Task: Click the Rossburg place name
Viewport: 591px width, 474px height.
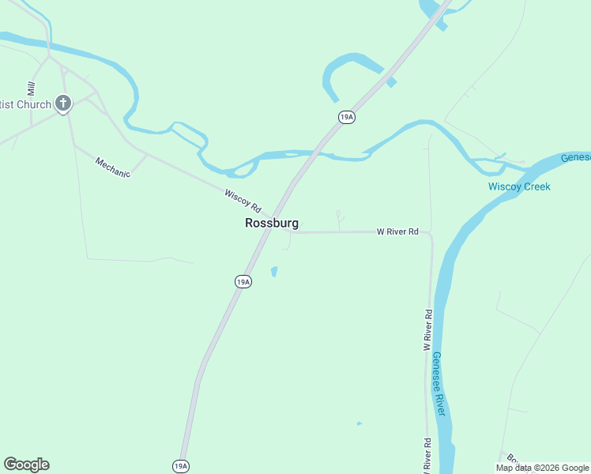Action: (272, 224)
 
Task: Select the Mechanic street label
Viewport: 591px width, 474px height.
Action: (112, 167)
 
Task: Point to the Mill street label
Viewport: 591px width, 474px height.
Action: (32, 88)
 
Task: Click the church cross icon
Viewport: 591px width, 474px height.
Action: (63, 103)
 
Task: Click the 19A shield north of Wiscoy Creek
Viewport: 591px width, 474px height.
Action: (346, 117)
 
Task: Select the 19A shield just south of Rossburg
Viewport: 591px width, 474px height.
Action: (243, 281)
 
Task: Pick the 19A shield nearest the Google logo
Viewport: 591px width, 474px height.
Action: (181, 466)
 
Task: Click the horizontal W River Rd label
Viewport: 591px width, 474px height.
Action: (397, 232)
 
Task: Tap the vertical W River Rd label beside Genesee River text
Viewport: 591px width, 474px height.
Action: (427, 330)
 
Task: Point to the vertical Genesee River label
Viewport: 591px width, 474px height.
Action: (439, 384)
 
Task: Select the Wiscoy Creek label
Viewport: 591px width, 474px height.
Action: (518, 186)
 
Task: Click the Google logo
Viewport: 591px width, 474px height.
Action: (26, 465)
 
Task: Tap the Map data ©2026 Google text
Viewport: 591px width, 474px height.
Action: (542, 468)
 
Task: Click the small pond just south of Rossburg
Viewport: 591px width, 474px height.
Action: (274, 272)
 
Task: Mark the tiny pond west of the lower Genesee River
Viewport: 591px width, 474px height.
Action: (359, 423)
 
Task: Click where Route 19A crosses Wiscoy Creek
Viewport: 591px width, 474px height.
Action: (310, 155)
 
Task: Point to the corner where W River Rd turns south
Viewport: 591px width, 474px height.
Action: (431, 235)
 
